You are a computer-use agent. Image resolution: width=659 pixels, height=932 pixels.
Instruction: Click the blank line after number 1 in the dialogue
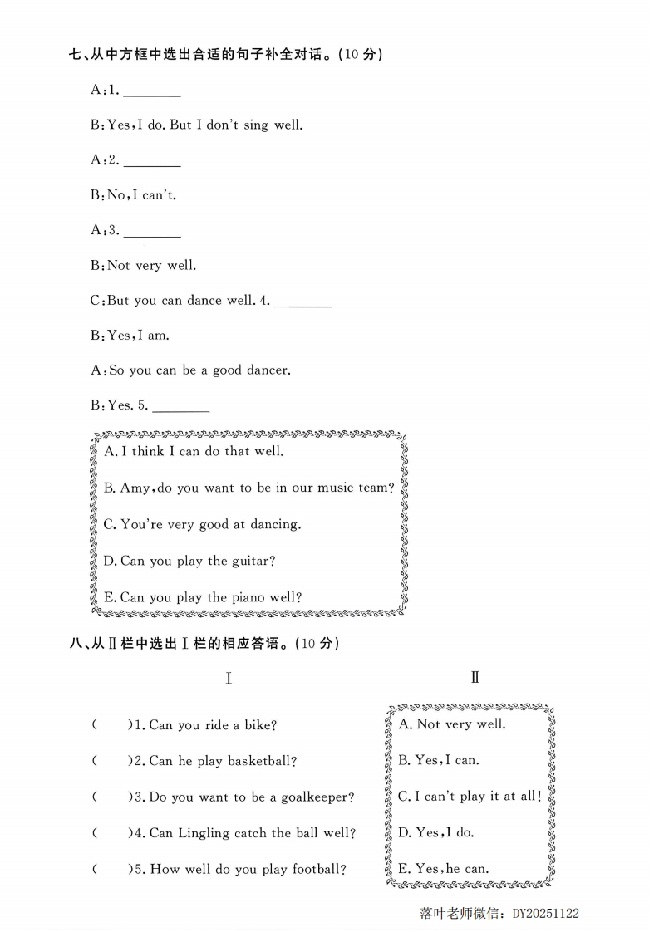coord(151,92)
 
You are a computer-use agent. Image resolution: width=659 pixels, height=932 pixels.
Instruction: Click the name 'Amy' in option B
coord(135,488)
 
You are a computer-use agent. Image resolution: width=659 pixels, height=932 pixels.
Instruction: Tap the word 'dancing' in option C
coord(275,525)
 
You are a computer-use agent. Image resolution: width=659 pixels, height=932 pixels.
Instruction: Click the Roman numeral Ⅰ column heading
coord(229,679)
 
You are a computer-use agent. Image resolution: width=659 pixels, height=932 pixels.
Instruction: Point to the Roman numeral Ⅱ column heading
coord(475,677)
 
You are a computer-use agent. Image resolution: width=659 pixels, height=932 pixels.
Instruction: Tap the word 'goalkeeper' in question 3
coord(313,797)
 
